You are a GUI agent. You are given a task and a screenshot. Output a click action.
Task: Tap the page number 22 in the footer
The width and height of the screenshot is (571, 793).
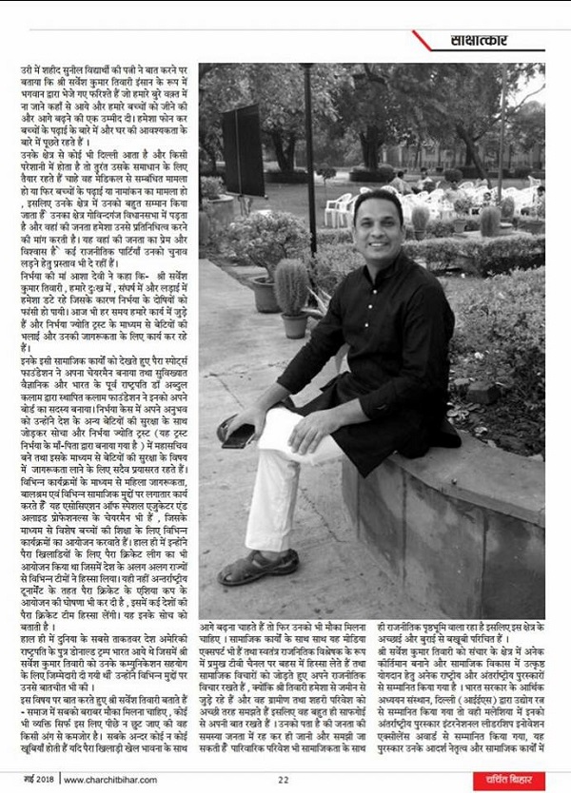click(x=284, y=781)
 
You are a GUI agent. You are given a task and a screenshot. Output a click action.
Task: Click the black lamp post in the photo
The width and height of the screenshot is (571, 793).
click(x=309, y=143)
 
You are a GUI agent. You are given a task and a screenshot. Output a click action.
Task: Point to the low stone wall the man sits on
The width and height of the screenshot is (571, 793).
click(x=447, y=513)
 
